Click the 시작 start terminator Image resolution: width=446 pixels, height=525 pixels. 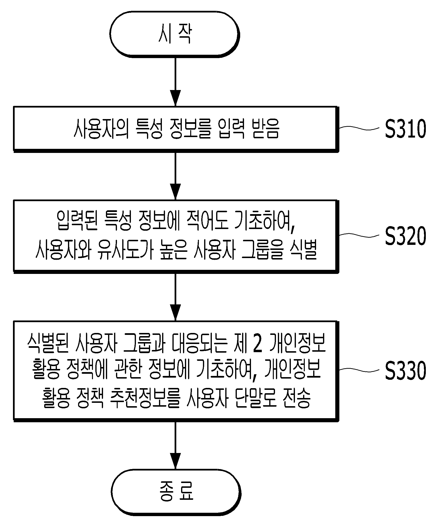tap(175, 34)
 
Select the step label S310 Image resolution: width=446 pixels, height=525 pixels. tap(405, 129)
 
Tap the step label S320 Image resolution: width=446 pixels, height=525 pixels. tap(405, 236)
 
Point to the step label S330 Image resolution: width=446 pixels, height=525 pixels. tap(405, 370)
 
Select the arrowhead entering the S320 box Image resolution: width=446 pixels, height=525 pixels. tap(175, 192)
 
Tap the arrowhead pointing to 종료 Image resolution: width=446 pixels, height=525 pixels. tap(175, 461)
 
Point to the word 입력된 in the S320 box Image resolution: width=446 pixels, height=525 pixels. tap(77, 220)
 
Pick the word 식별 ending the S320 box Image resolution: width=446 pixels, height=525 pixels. tap(303, 249)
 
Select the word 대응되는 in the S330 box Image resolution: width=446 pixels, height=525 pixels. tap(200, 343)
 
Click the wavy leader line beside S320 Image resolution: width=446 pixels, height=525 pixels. tap(359, 235)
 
